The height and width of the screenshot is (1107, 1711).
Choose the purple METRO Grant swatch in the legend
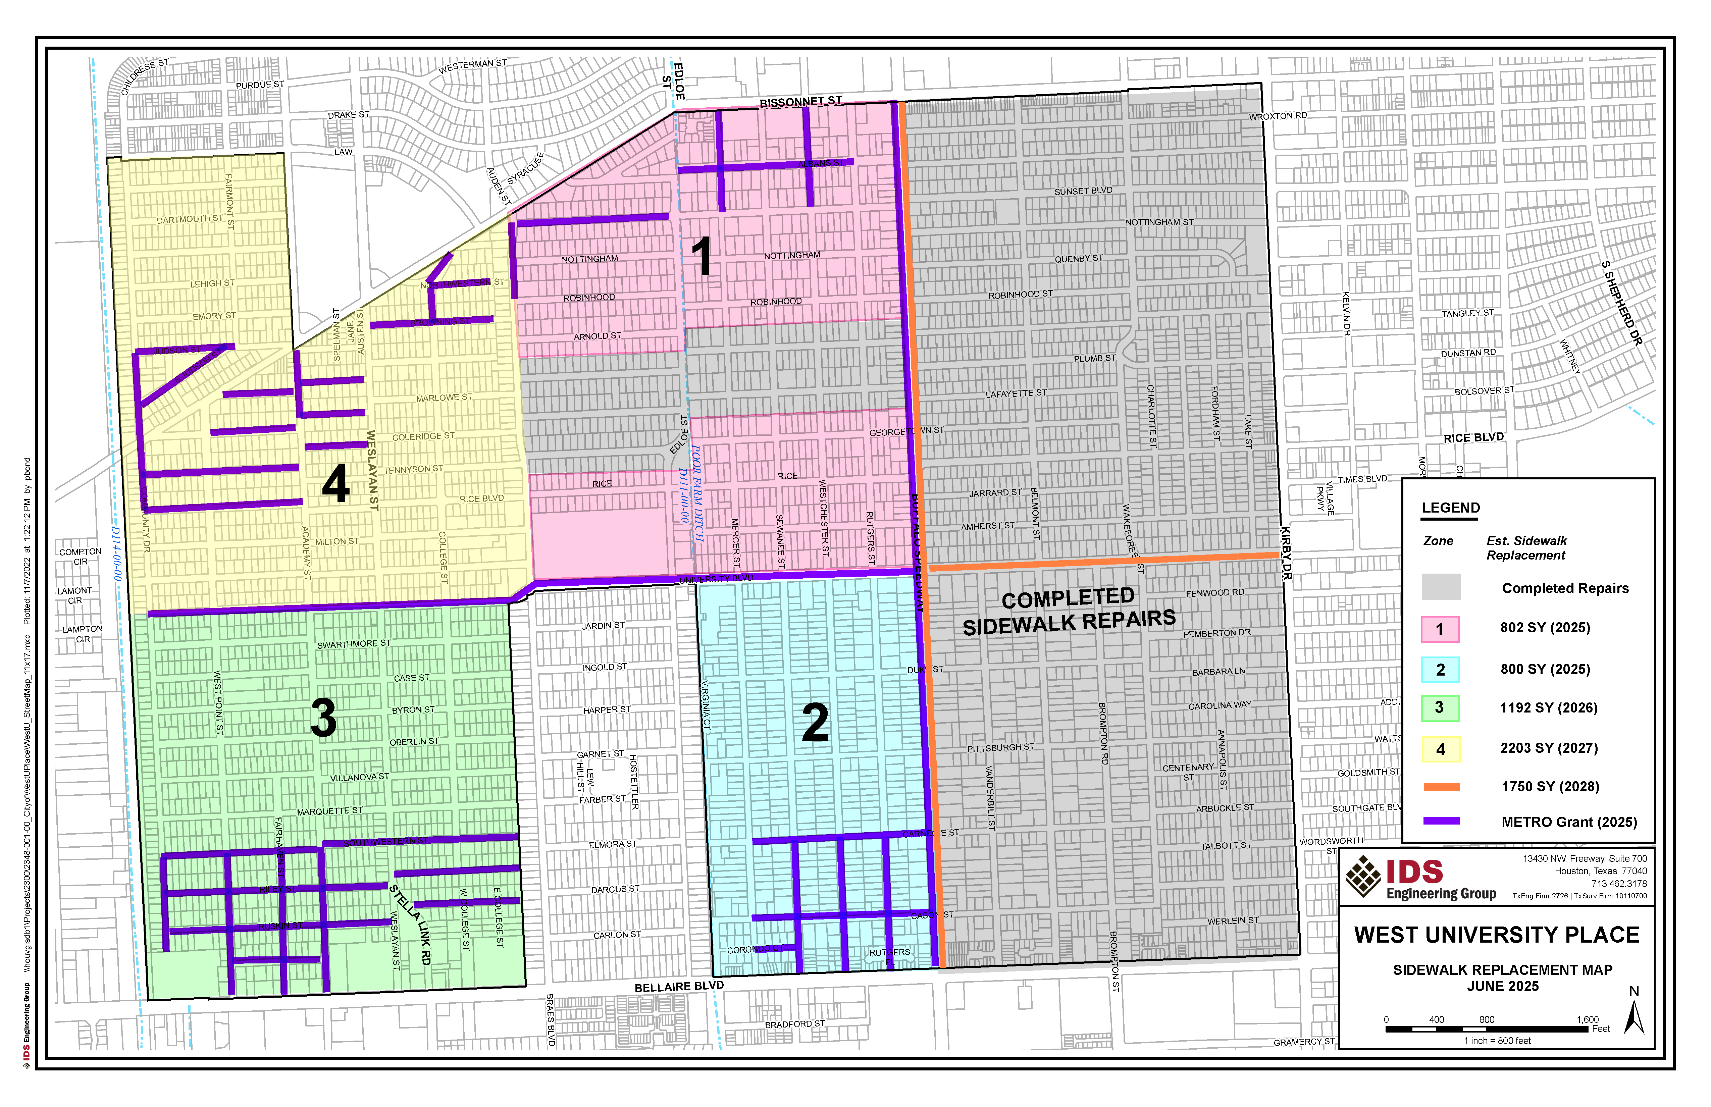pyautogui.click(x=1441, y=821)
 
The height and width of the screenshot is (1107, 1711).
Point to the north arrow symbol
pyautogui.click(x=1634, y=1015)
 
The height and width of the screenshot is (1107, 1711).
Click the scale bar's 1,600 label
pyautogui.click(x=1587, y=1019)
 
